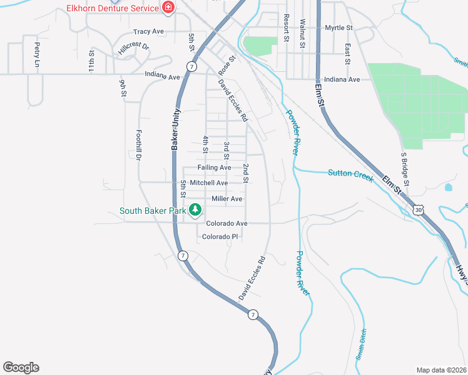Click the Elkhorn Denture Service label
[112, 8]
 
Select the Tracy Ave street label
[148, 31]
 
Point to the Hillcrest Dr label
[133, 47]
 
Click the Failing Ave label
[214, 167]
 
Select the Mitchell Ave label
[209, 182]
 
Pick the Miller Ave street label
[227, 199]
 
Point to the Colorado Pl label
[221, 237]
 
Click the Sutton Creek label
[350, 176]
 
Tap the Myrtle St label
[339, 28]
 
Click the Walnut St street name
[302, 33]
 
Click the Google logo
[21, 367]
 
